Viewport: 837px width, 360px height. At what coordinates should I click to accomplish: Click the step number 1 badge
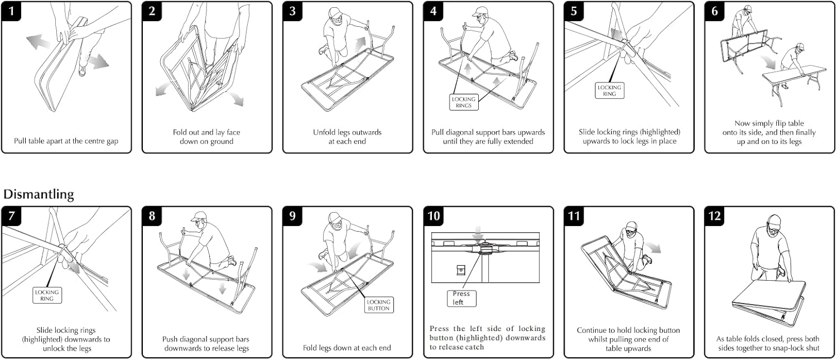(12, 11)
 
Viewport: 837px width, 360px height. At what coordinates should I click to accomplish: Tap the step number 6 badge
(715, 11)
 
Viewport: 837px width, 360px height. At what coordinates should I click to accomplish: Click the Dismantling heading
(39, 194)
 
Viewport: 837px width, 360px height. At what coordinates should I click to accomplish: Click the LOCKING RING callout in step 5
(609, 91)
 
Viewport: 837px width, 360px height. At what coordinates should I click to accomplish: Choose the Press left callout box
(461, 297)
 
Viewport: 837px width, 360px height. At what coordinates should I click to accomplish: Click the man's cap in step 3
(335, 12)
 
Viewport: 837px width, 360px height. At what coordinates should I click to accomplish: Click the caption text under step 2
(206, 137)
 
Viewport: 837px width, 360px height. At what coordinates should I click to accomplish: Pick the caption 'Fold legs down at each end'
(347, 348)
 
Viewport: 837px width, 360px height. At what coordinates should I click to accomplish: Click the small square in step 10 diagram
(461, 270)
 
